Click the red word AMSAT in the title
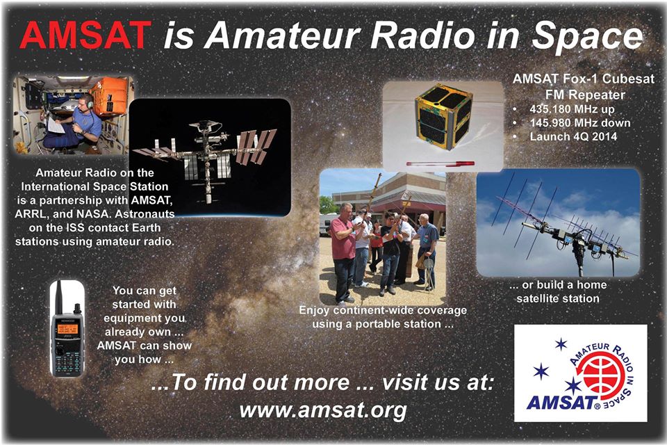pos(85,35)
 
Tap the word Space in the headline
pos(588,37)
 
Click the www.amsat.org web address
pos(323,410)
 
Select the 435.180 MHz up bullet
pos(572,109)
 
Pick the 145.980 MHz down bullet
pos(579,122)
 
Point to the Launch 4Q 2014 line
pos(573,136)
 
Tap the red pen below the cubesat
pos(440,163)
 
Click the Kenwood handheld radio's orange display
pos(67,329)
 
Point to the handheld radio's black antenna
pos(58,298)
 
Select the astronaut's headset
pos(89,101)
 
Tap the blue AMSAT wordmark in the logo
pos(561,403)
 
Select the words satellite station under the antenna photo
pos(558,298)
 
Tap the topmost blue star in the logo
pos(561,343)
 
